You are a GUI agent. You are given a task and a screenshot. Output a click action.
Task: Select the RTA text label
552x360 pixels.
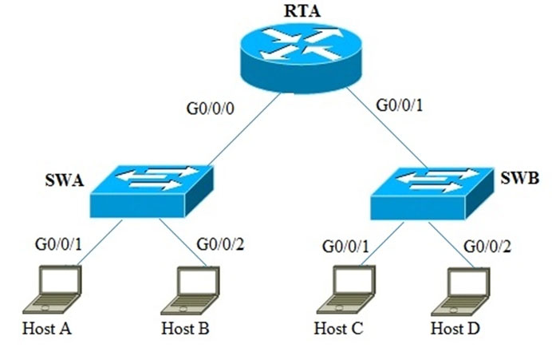[297, 11]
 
